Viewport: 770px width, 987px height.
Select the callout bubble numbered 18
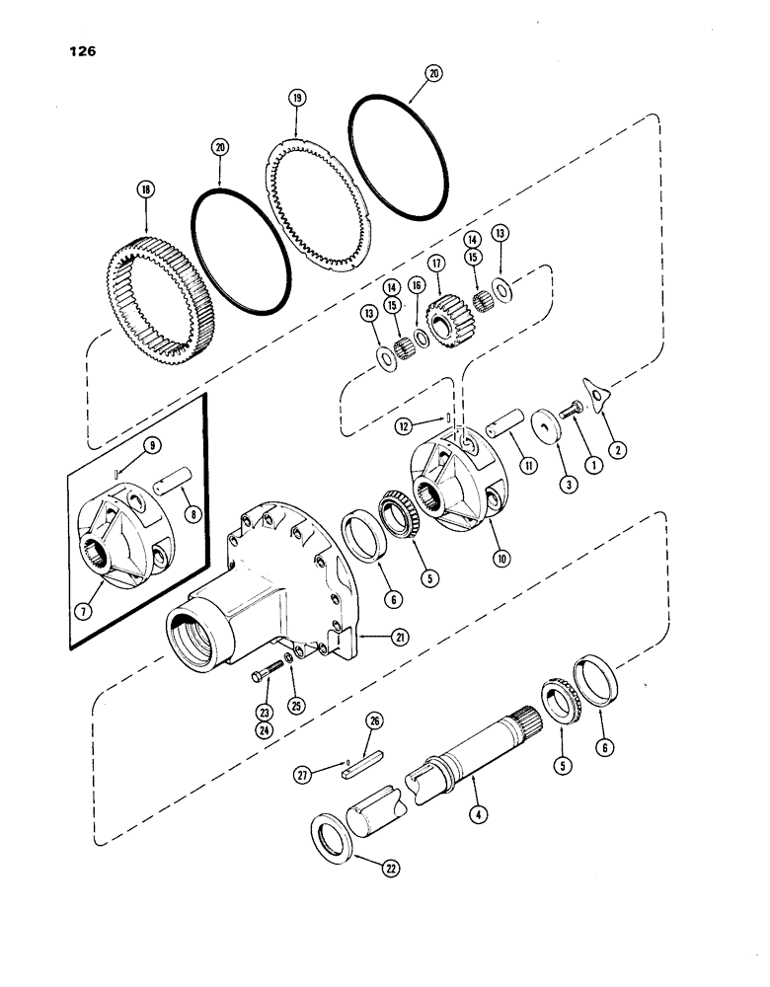(x=148, y=190)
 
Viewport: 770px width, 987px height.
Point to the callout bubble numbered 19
(x=296, y=99)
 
